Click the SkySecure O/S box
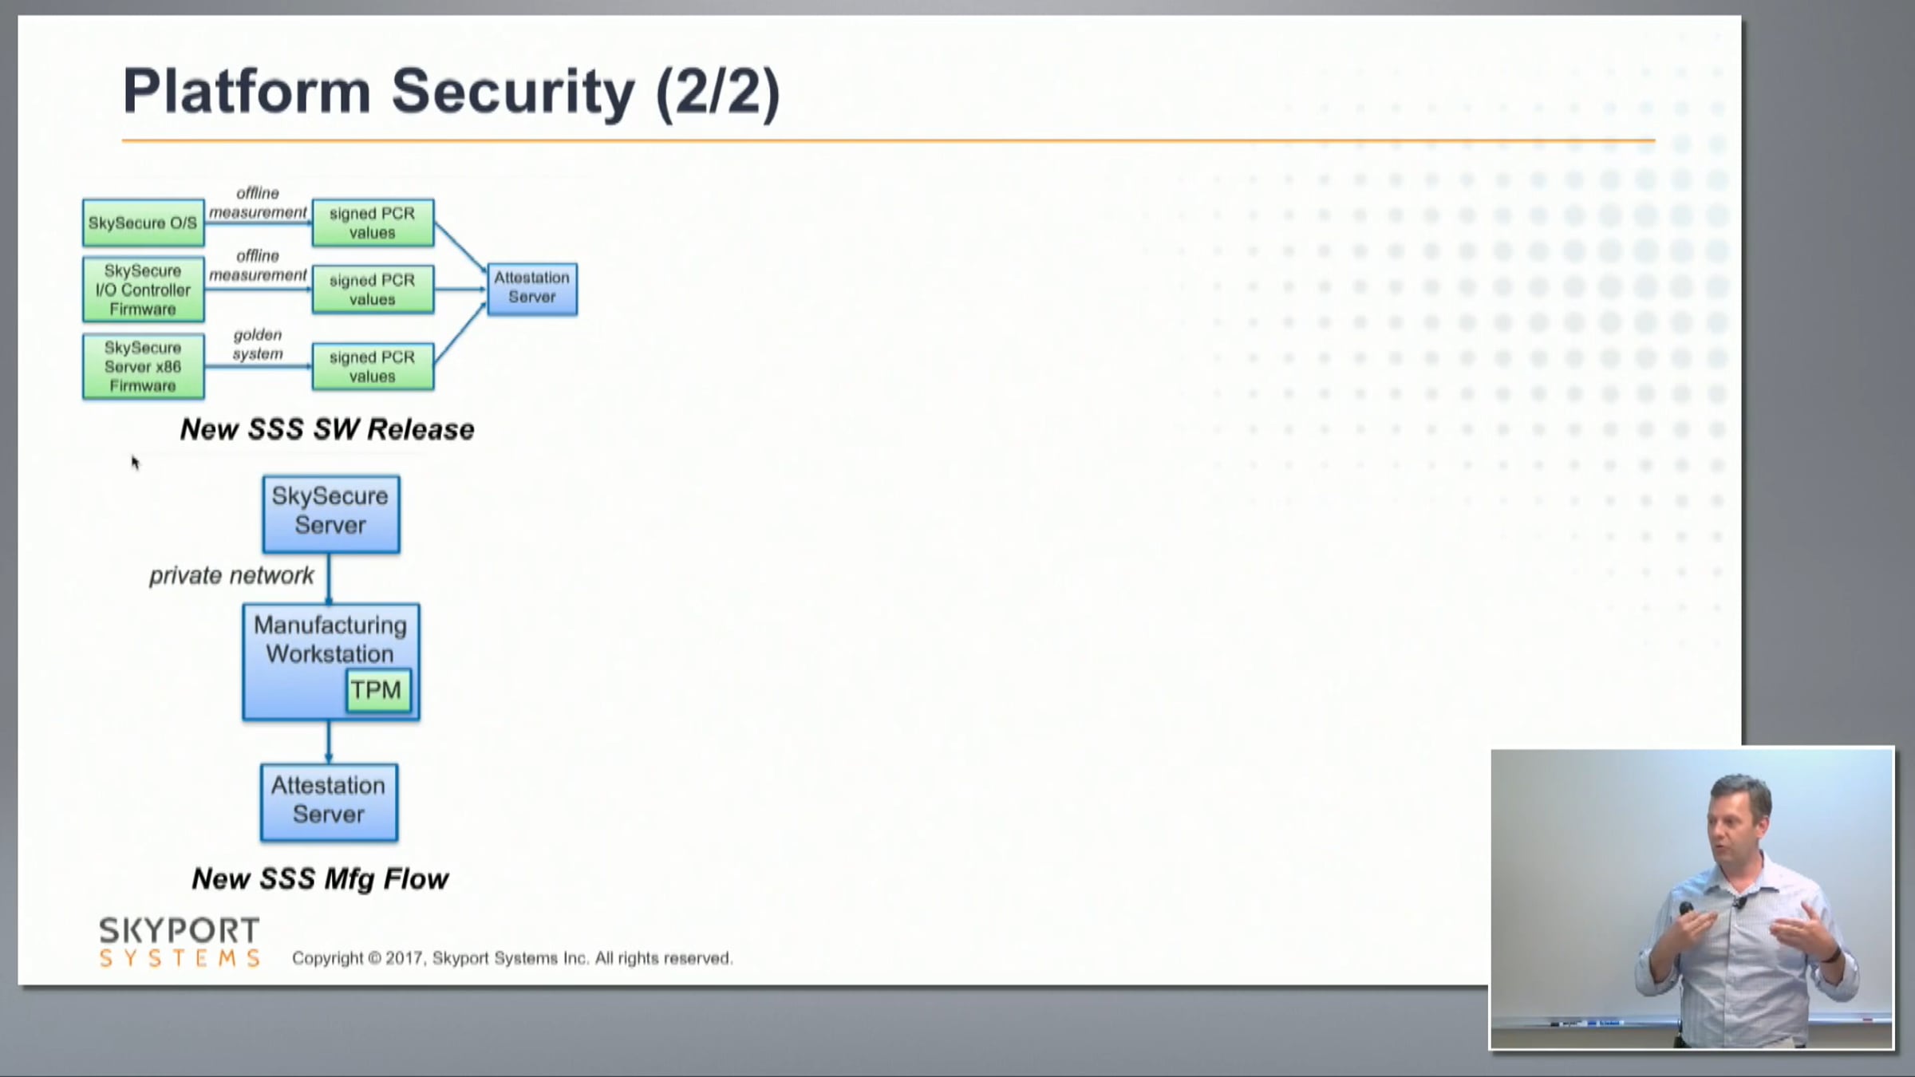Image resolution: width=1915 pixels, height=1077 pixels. [x=143, y=223]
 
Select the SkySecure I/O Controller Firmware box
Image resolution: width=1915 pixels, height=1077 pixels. [x=143, y=290]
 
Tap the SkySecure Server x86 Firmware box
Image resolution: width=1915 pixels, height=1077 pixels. [x=143, y=367]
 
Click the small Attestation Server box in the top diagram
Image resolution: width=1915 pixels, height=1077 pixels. [x=532, y=288]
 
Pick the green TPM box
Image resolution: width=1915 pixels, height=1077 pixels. [x=377, y=690]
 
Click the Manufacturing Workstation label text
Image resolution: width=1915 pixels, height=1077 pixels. [x=330, y=640]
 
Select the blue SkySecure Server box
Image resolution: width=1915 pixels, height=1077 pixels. [x=330, y=513]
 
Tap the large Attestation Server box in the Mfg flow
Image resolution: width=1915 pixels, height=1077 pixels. [x=329, y=801]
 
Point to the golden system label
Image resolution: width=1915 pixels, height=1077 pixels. [x=258, y=344]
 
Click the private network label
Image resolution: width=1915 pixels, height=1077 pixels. [x=231, y=575]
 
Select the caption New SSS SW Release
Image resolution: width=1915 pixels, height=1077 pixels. [x=327, y=429]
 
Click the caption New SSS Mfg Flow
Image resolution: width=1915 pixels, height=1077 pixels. [x=320, y=879]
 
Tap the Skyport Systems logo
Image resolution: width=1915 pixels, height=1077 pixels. [x=180, y=941]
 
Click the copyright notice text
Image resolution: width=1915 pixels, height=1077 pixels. [x=511, y=958]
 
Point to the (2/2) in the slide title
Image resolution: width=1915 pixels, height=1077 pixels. [x=717, y=91]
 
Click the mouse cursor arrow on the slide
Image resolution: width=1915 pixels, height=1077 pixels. [x=135, y=462]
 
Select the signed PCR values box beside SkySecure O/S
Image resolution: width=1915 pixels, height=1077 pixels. [x=373, y=223]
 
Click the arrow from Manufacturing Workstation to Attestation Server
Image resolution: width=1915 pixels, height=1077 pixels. [x=329, y=742]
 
